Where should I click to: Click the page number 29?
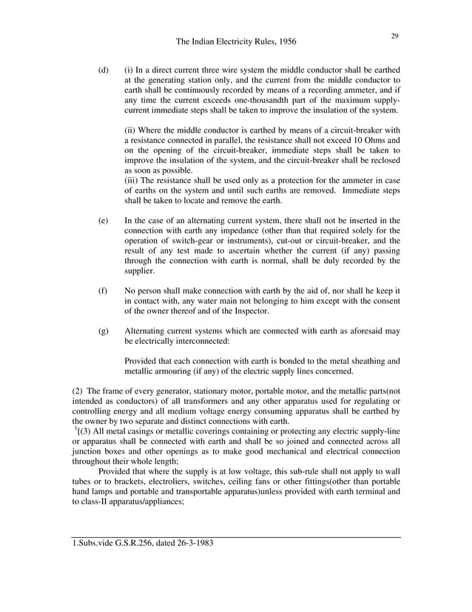click(x=394, y=36)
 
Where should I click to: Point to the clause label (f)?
click(x=103, y=291)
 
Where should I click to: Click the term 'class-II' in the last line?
click(x=99, y=500)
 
